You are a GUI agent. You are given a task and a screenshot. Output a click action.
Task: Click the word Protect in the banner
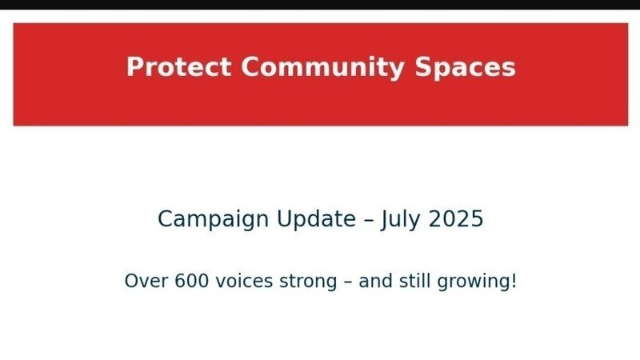pos(178,66)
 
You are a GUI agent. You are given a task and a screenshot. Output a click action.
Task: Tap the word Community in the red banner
pos(323,68)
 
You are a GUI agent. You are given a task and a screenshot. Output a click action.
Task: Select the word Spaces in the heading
pos(466,68)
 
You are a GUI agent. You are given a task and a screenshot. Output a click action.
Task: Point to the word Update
pos(316,219)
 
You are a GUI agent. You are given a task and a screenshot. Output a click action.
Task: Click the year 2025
pos(456,218)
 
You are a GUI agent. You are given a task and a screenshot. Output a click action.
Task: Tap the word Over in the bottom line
pos(146,281)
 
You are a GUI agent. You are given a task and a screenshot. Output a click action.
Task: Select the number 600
pos(192,281)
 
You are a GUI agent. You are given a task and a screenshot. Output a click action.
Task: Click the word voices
pos(244,281)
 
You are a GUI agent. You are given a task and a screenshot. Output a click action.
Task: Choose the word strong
pos(308,282)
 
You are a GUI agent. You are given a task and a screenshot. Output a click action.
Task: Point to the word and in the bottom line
pos(375,281)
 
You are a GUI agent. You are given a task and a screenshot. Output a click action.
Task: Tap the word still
pos(414,281)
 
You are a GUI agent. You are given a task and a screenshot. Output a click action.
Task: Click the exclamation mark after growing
pos(514,281)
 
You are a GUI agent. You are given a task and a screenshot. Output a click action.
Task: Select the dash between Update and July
pos(368,221)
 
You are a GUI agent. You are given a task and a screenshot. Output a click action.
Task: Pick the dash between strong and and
pos(348,282)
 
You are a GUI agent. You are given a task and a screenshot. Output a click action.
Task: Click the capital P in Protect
pos(134,66)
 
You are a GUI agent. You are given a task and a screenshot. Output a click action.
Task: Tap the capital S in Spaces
pos(423,66)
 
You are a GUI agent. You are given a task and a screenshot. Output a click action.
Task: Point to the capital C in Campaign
pos(166,218)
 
